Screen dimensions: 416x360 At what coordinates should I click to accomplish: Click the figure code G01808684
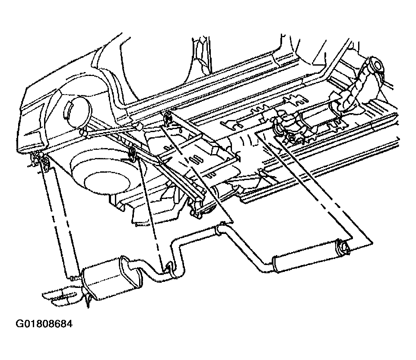tap(44, 324)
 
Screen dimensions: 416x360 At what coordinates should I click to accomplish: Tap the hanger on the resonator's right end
tap(343, 246)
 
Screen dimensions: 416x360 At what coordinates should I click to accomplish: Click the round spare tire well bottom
tap(107, 183)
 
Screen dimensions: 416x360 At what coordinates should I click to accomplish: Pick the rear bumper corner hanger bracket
tap(40, 162)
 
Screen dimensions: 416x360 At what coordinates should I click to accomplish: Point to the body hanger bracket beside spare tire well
tap(132, 155)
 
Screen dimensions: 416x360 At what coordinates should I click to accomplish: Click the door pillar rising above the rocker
tap(202, 56)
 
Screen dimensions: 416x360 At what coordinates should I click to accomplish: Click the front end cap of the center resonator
tap(275, 264)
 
